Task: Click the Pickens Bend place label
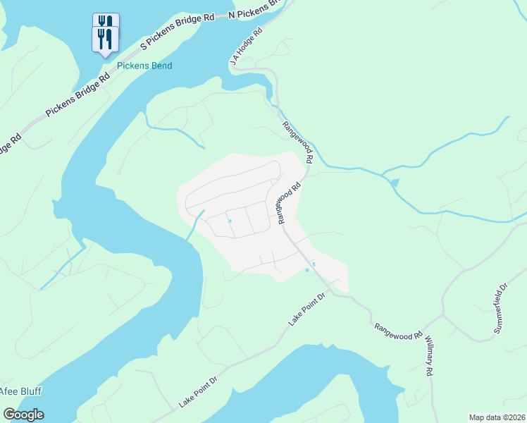click(x=145, y=66)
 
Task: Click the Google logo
click(x=23, y=415)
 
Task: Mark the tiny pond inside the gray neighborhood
click(x=230, y=221)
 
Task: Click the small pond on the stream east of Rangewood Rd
click(x=393, y=183)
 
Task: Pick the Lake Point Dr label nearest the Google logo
click(x=199, y=390)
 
